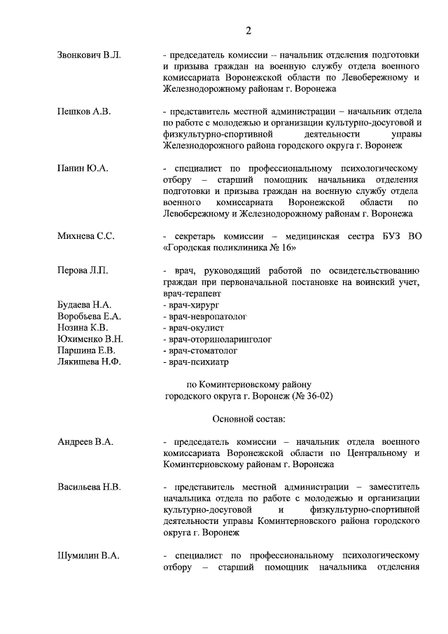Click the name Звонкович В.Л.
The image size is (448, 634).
89,55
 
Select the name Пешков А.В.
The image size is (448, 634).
84,111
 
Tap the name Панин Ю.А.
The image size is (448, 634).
83,169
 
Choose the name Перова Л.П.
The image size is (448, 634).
83,270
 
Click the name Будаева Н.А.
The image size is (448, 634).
84,305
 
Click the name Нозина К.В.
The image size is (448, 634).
83,328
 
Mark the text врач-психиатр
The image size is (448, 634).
195,362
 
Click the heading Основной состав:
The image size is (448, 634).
248,419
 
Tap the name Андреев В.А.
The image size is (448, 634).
85,442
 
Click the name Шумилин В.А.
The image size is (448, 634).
88,556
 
